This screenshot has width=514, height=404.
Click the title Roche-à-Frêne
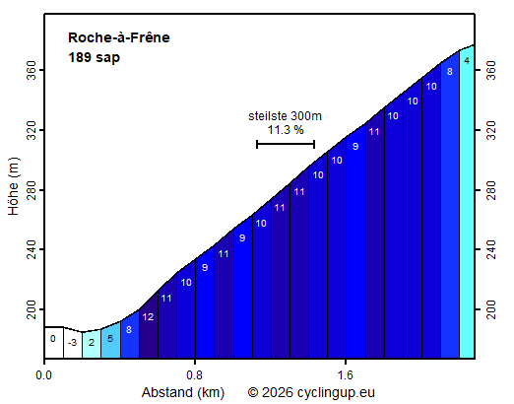pyautogui.click(x=118, y=37)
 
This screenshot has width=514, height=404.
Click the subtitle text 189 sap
pyautogui.click(x=94, y=57)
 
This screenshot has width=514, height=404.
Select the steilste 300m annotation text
pyautogui.click(x=285, y=115)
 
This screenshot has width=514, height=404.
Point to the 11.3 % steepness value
pyautogui.click(x=285, y=129)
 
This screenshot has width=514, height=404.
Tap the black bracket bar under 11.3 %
pyautogui.click(x=285, y=144)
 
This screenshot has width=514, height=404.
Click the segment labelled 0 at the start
pyautogui.click(x=53, y=341)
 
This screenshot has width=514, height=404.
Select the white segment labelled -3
pyautogui.click(x=72, y=343)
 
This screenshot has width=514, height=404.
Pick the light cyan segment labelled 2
pyautogui.click(x=91, y=343)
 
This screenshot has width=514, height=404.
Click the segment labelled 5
pyautogui.click(x=109, y=340)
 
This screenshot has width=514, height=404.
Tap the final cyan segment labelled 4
pyautogui.click(x=467, y=197)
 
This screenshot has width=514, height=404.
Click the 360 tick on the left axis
pyautogui.click(x=32, y=70)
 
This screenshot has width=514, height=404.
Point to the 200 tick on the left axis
pyautogui.click(x=32, y=310)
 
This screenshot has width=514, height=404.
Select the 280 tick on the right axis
pyautogui.click(x=487, y=190)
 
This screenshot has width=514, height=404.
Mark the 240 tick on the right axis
pyautogui.click(x=487, y=250)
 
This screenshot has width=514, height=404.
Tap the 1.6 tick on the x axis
pyautogui.click(x=346, y=375)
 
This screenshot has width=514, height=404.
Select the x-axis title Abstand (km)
pyautogui.click(x=184, y=392)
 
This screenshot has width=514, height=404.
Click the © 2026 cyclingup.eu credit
pyautogui.click(x=311, y=392)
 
